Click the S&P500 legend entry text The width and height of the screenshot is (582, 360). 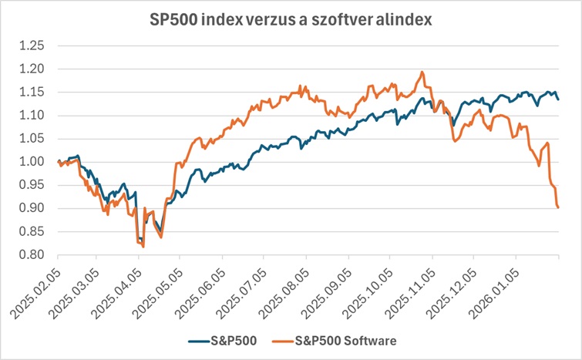(233, 338)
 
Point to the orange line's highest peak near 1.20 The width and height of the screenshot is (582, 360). (422, 72)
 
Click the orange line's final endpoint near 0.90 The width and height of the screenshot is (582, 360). (558, 207)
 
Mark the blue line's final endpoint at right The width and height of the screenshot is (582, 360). (558, 99)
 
